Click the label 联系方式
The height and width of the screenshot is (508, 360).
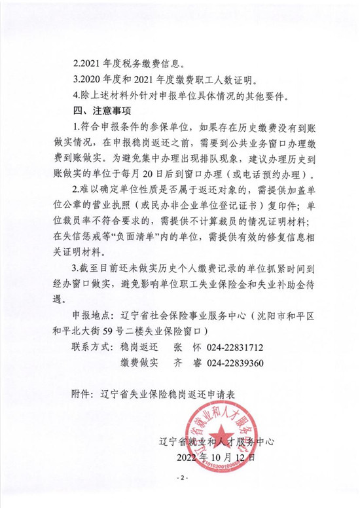94,347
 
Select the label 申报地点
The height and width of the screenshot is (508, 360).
94,316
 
